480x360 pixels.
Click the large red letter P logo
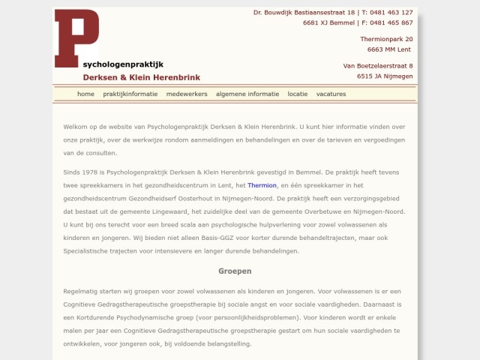[x=76, y=37]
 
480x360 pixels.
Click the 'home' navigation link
[x=85, y=94]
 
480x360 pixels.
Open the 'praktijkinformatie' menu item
[x=130, y=94]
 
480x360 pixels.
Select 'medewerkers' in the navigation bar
[x=187, y=94]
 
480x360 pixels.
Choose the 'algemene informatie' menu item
[x=247, y=94]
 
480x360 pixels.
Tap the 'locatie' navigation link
[x=298, y=94]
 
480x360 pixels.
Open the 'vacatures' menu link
[x=331, y=94]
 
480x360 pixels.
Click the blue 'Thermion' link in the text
[x=262, y=185]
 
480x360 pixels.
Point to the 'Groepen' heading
[x=235, y=271]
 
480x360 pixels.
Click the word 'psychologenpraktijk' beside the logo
[x=123, y=64]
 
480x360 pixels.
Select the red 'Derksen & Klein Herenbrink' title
[x=141, y=78]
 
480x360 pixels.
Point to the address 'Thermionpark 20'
[x=386, y=39]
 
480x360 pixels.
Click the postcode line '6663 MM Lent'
[x=388, y=49]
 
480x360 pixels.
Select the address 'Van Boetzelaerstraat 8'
[x=378, y=66]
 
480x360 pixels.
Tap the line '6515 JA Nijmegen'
[x=385, y=76]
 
